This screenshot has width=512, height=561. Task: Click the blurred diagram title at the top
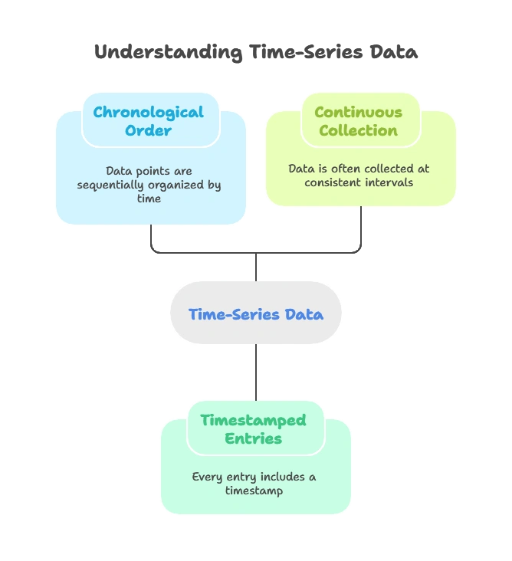tap(256, 54)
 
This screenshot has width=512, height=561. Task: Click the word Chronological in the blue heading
tap(149, 113)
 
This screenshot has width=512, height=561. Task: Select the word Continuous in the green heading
tap(358, 112)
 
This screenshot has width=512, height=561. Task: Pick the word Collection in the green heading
tap(358, 130)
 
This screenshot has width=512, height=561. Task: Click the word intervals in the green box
tap(390, 182)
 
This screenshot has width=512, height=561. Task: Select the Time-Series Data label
tap(255, 314)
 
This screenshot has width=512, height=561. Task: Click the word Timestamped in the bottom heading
tap(253, 420)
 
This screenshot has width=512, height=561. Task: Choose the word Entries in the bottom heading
tap(253, 438)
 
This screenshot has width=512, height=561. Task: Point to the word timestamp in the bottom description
tap(254, 490)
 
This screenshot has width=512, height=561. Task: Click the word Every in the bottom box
tap(207, 477)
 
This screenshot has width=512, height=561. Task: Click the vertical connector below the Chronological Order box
tap(151, 238)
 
